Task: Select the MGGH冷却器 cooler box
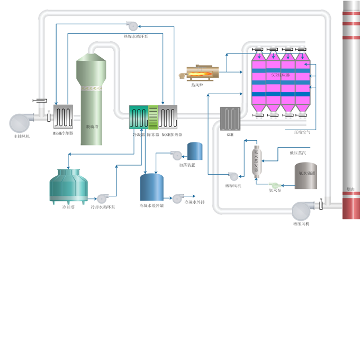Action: [63, 117]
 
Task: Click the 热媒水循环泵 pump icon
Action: [132, 25]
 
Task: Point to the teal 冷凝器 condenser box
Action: [139, 117]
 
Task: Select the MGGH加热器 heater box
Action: [168, 117]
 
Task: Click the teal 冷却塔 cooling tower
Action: [67, 186]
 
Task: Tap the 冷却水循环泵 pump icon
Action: [102, 199]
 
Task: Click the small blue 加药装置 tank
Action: [195, 151]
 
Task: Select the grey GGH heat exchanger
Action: [230, 119]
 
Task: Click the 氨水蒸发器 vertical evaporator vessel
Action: [258, 159]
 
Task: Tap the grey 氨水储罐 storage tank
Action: [305, 176]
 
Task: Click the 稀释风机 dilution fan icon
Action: [233, 176]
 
